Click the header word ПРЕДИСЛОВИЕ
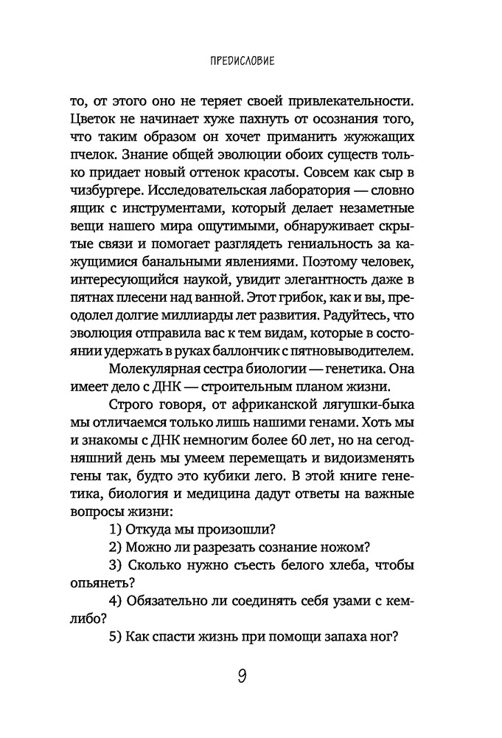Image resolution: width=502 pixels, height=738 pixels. point(238,61)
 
